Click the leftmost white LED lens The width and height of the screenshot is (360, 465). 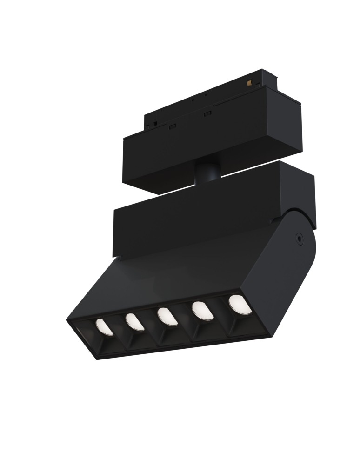104,327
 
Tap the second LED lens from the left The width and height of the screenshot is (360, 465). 135,322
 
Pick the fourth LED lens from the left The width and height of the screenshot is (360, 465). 203,311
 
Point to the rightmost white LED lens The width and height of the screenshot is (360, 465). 240,304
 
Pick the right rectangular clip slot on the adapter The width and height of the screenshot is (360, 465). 207,114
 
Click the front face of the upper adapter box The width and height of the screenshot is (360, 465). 200,149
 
